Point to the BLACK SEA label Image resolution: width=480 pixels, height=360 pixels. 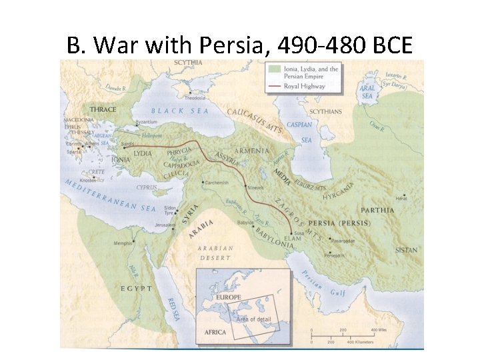[x=179, y=112]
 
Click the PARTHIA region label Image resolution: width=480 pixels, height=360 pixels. [x=378, y=210]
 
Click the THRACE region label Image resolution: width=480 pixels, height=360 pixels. [x=103, y=109]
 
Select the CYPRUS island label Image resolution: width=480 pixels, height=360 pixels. [x=147, y=188]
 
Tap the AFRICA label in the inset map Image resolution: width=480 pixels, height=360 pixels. [x=214, y=331]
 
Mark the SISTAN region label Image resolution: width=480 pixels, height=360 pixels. [x=405, y=250]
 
